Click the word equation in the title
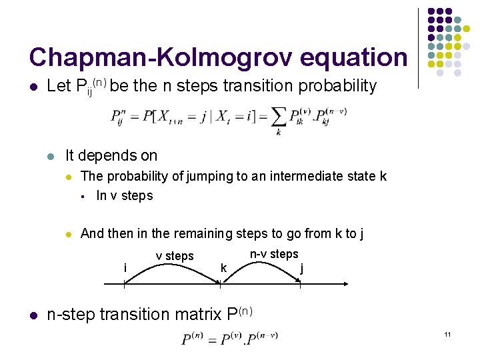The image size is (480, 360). (x=353, y=58)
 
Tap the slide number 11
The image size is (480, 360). (x=449, y=333)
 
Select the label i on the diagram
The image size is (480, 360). (x=125, y=267)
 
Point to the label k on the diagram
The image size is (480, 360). (x=223, y=267)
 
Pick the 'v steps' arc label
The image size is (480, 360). (x=175, y=256)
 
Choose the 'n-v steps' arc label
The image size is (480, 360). (x=274, y=254)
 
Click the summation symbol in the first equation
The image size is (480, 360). (x=279, y=116)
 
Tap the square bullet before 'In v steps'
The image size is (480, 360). (x=83, y=196)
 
